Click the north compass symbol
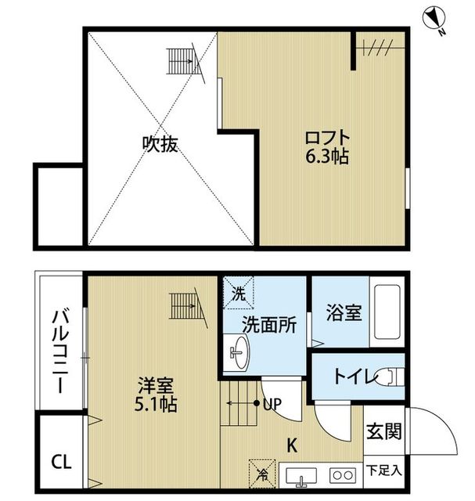pyautogui.click(x=433, y=19)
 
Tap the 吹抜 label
pyautogui.click(x=160, y=144)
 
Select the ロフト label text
pyautogui.click(x=327, y=138)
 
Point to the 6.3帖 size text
pyautogui.click(x=327, y=157)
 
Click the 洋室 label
pyautogui.click(x=156, y=385)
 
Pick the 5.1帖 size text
pyautogui.click(x=156, y=404)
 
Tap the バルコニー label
pyautogui.click(x=60, y=351)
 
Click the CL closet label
pyautogui.click(x=62, y=462)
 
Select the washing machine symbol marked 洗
pyautogui.click(x=239, y=293)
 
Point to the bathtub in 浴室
pyautogui.click(x=387, y=312)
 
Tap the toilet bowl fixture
pyautogui.click(x=390, y=377)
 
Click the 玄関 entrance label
pyautogui.click(x=383, y=431)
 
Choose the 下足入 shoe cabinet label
pyautogui.click(x=383, y=470)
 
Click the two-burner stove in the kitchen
pyautogui.click(x=343, y=475)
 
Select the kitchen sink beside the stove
pyautogui.click(x=301, y=477)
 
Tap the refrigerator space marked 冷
pyautogui.click(x=262, y=474)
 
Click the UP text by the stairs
pyautogui.click(x=272, y=404)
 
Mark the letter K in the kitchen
pyautogui.click(x=292, y=445)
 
